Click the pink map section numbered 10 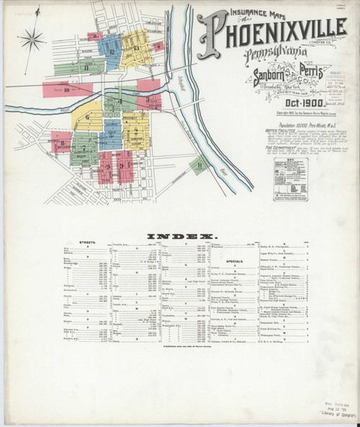[66, 90]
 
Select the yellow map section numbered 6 [89, 117]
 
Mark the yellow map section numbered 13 [135, 48]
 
